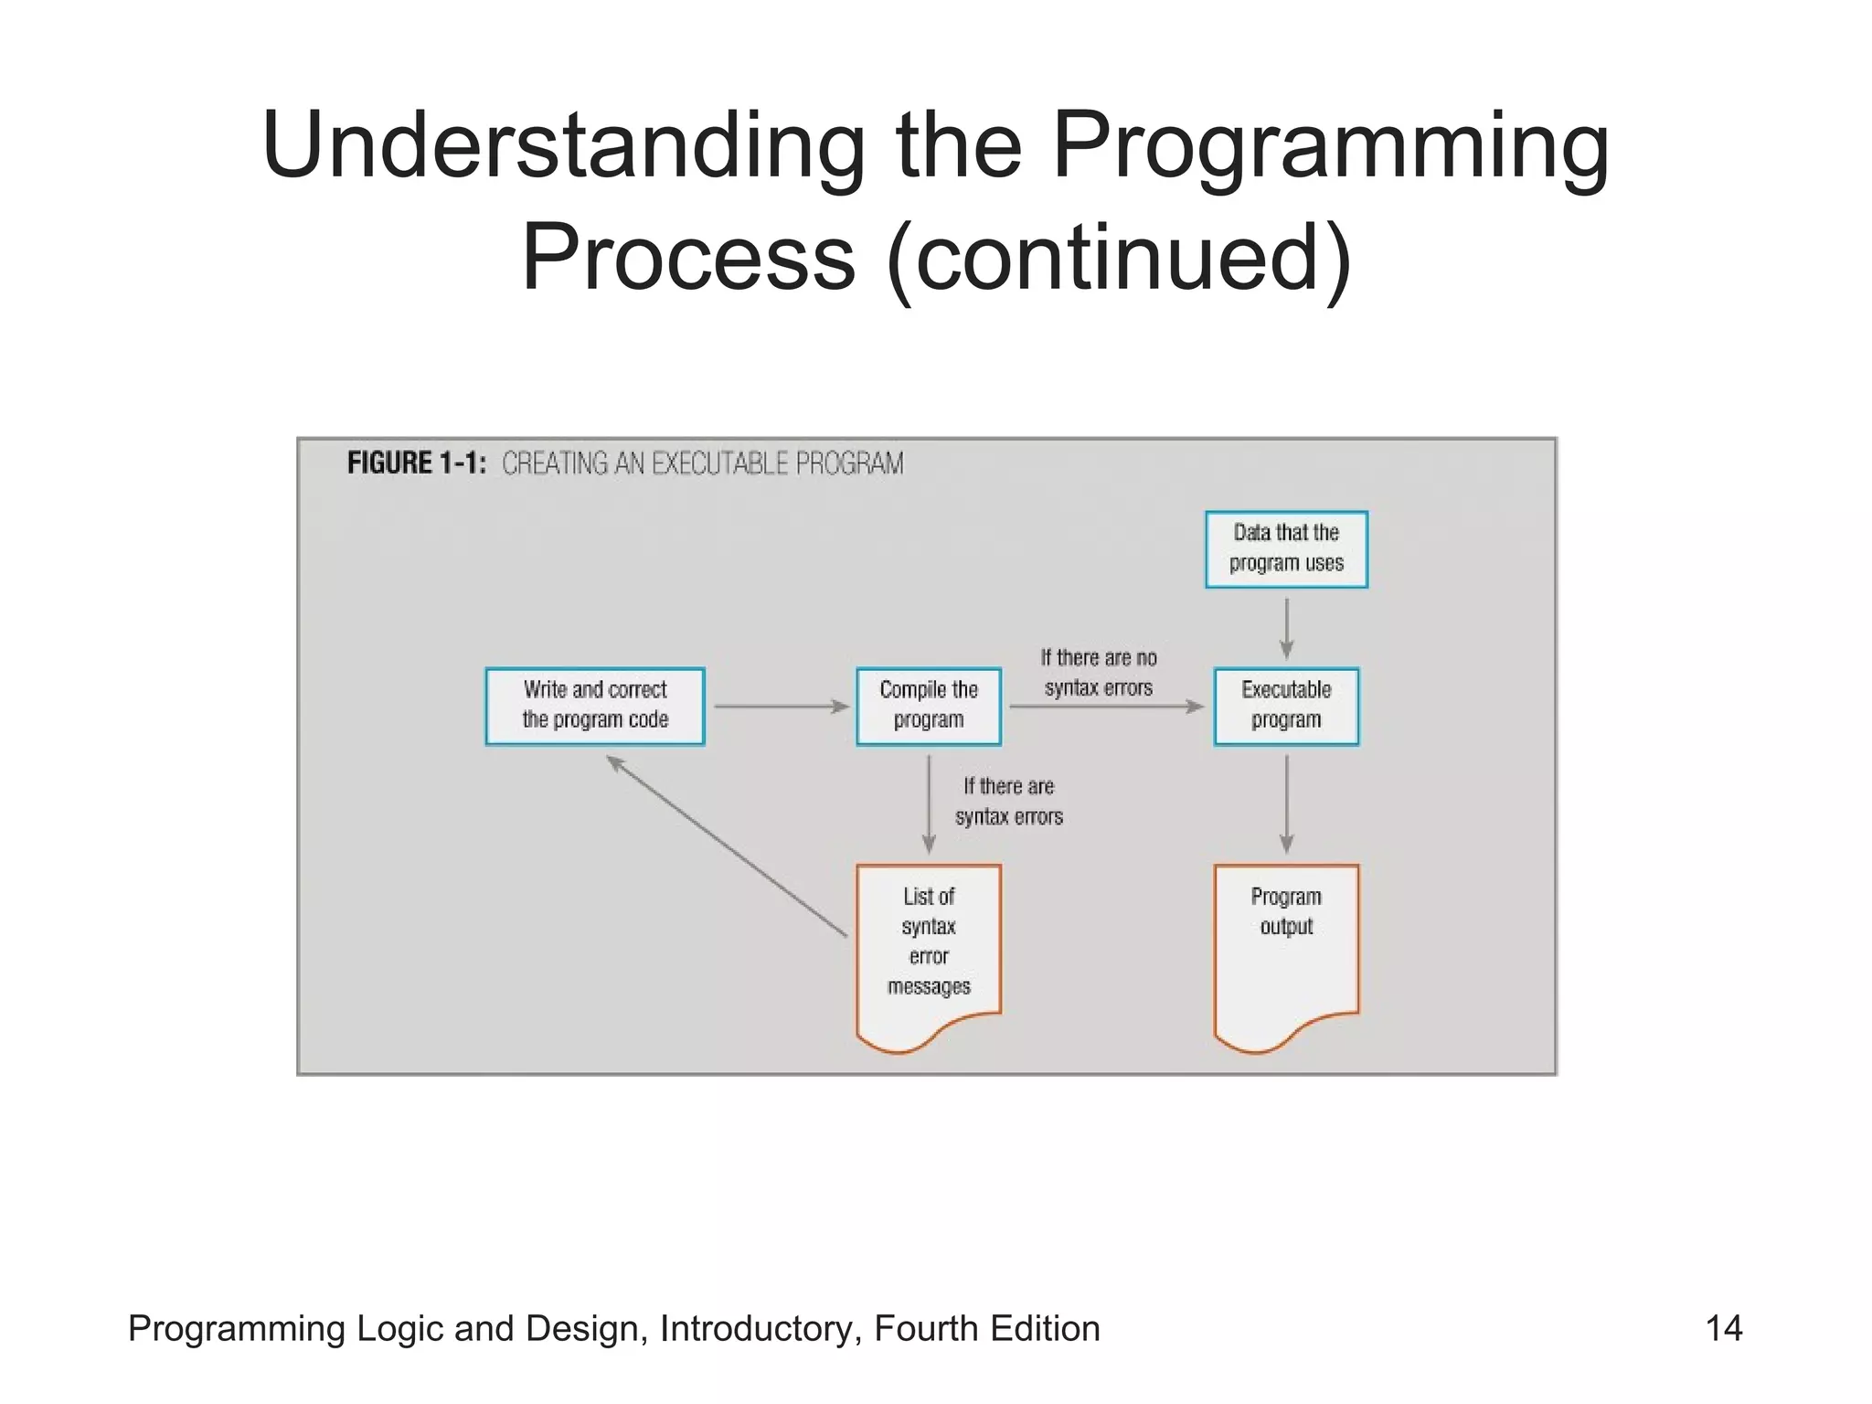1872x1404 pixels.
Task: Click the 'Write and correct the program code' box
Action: (595, 706)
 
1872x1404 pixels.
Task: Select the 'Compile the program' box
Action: (928, 706)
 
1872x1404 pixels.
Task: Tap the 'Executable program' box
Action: (1286, 706)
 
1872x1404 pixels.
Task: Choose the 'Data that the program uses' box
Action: (1286, 548)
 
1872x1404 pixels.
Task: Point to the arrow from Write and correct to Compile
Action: (782, 706)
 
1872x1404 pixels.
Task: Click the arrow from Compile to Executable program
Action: (1106, 707)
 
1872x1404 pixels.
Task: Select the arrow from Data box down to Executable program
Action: (1286, 629)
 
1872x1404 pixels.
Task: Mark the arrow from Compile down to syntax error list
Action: (929, 804)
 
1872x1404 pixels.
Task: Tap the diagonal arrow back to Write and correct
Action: (727, 846)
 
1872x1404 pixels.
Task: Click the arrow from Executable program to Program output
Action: (1286, 804)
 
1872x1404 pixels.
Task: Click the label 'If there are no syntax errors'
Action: (1098, 673)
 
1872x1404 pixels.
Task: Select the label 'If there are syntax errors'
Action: (1009, 802)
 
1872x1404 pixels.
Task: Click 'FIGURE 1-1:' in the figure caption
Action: (417, 463)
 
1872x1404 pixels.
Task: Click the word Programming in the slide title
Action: (1330, 146)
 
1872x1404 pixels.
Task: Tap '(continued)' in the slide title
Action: (1119, 258)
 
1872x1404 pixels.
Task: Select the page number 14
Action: (1724, 1328)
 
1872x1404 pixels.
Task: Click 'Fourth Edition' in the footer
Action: (986, 1328)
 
